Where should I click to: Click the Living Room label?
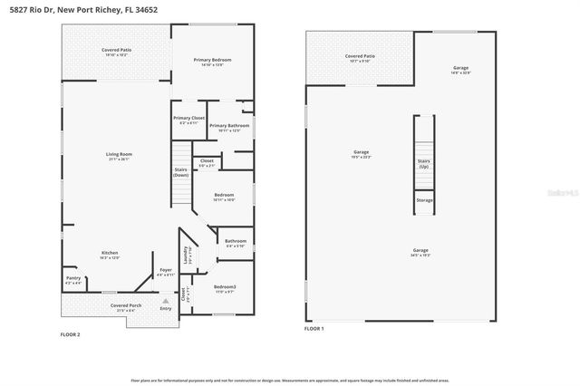(119, 156)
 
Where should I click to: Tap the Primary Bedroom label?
(212, 62)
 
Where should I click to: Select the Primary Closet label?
(188, 120)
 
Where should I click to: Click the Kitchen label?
(110, 255)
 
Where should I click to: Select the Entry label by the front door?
(165, 309)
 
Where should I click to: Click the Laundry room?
(187, 256)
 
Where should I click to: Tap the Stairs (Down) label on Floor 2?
(180, 172)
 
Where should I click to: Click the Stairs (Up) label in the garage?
(423, 164)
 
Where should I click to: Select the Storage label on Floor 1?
(423, 200)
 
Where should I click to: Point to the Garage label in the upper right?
(461, 70)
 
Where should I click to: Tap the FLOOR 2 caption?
(71, 335)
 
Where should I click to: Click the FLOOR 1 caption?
(314, 328)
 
